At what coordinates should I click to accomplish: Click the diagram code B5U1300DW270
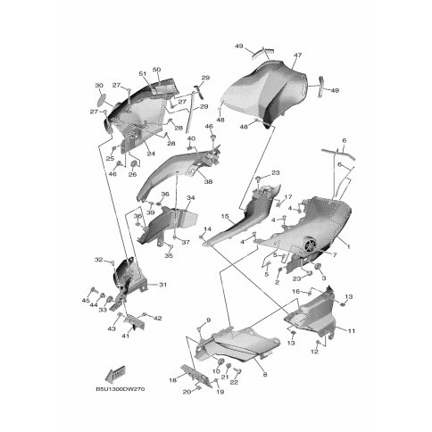click(120, 389)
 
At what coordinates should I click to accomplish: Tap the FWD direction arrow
click(115, 373)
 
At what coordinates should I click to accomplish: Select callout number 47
click(298, 55)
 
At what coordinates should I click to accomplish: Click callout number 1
click(349, 246)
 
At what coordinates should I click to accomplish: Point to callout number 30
click(99, 86)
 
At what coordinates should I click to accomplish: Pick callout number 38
click(208, 181)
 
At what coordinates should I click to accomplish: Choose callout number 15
click(225, 216)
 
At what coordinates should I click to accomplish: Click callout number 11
click(352, 330)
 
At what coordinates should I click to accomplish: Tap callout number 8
click(265, 375)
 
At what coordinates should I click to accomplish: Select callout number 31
click(162, 285)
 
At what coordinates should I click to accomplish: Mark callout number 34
click(190, 198)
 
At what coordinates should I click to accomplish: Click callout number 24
click(151, 154)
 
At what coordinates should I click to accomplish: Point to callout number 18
click(173, 380)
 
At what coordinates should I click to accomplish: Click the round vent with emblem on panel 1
click(311, 245)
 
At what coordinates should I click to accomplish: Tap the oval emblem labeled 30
click(103, 97)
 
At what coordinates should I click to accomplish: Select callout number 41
click(126, 336)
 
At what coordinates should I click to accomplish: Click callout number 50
click(156, 70)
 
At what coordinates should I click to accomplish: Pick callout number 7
click(335, 255)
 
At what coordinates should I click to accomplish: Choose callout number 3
click(324, 278)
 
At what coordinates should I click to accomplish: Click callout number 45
click(86, 301)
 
